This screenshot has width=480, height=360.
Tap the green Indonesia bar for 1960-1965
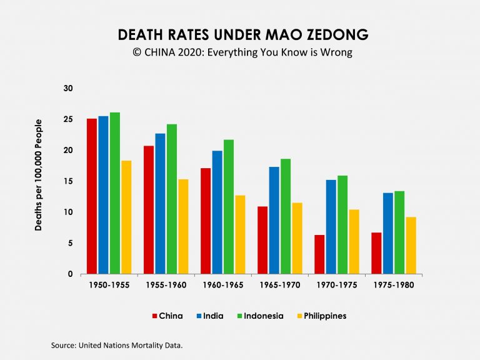pos(228,207)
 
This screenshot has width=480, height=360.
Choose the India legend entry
pos(209,316)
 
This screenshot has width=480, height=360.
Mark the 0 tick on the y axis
pos(70,274)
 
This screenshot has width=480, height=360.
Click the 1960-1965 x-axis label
pos(222,285)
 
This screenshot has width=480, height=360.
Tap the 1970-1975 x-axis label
pos(336,285)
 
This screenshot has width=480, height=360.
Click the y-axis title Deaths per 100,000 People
pos(39,174)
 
